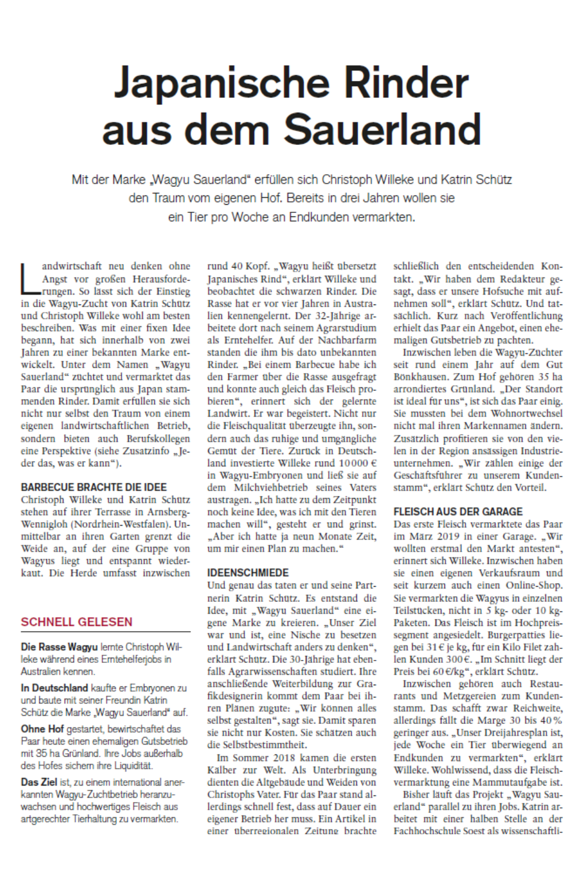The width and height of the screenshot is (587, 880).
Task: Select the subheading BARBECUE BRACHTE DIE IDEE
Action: point(94,488)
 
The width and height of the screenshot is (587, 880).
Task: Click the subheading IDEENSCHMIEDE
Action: point(248,573)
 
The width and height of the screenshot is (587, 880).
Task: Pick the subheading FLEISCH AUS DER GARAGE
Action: point(458,512)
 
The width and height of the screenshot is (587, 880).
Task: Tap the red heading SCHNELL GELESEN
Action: point(77,622)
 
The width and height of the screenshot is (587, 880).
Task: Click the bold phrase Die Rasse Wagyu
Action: point(59,647)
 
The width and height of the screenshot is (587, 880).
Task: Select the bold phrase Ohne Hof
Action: point(42,729)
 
